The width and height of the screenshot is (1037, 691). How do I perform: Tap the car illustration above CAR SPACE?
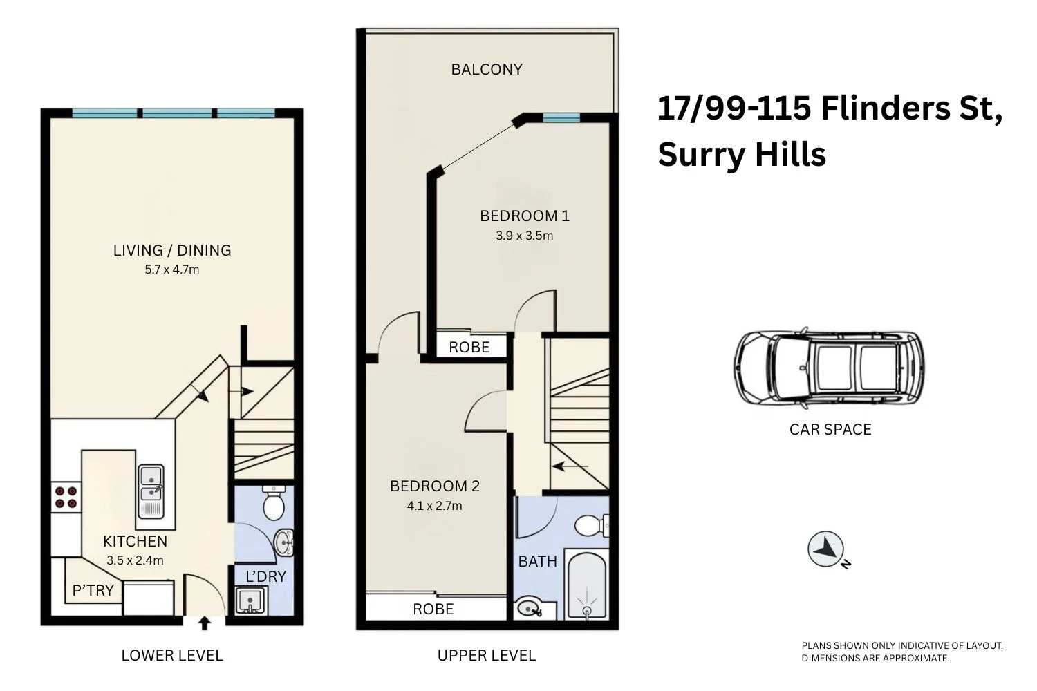(x=829, y=368)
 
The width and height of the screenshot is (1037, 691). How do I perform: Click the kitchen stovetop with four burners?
(x=65, y=497)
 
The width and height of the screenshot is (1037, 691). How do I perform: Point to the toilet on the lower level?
(x=274, y=504)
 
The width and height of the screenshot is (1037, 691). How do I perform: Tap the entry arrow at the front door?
(x=205, y=623)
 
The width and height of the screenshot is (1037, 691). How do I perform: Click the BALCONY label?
(x=486, y=69)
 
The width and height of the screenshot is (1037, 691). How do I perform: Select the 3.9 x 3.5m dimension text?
(x=524, y=236)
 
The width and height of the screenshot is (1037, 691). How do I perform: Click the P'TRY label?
(x=93, y=590)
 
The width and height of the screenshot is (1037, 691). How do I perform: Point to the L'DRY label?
(x=265, y=576)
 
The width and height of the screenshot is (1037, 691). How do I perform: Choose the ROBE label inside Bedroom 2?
(x=433, y=609)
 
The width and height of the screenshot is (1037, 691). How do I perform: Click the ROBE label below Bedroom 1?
(x=469, y=347)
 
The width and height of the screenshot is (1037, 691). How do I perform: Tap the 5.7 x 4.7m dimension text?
(x=171, y=269)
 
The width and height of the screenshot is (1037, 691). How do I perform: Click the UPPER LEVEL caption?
(x=486, y=655)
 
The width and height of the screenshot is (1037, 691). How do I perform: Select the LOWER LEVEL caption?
(x=171, y=655)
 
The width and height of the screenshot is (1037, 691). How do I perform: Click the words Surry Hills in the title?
(x=741, y=153)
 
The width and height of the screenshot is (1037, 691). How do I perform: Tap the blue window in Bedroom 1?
(x=561, y=118)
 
